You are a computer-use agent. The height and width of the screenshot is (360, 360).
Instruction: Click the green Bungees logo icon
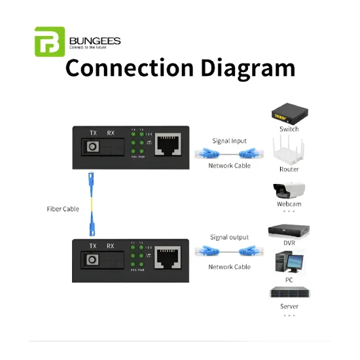[50, 42]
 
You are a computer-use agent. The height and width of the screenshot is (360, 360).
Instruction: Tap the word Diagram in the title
[236, 68]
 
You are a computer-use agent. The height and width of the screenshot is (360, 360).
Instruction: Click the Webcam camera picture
[288, 190]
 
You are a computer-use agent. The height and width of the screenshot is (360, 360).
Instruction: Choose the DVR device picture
[289, 230]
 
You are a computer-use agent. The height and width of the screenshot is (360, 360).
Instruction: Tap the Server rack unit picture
[289, 293]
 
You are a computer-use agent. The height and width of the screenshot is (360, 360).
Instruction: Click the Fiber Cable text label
[63, 209]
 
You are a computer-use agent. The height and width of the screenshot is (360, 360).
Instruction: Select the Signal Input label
[229, 141]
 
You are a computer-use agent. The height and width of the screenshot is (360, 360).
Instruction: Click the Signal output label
[229, 237]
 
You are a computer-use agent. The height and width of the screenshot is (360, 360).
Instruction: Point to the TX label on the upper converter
[94, 134]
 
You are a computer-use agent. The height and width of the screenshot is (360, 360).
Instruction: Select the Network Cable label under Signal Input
[229, 166]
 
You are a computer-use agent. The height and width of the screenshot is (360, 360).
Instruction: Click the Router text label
[289, 170]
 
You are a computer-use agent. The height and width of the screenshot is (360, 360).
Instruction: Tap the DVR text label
[289, 243]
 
